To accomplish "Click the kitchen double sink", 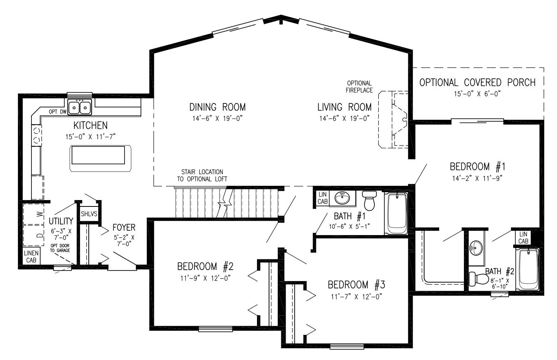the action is pos(80,107).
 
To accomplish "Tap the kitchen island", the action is pos(100,158).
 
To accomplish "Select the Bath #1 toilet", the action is pos(369,200).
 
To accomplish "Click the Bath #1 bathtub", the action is pos(396,214).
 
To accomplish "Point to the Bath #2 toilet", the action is pos(479,278).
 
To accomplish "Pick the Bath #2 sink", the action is pos(476,247).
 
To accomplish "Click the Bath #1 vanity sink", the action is pos(343,198).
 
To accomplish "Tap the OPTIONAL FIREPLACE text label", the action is pos(359,87).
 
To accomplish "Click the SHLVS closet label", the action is pos(89,214).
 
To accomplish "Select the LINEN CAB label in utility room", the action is pos(31,257).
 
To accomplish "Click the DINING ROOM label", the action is pos(217,107).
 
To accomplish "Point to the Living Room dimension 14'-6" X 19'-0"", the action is pos(345,119).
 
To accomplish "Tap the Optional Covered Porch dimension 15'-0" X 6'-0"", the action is pos(477,94).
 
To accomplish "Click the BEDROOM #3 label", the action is pos(356,285).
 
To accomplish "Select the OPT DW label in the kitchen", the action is pos(58,112).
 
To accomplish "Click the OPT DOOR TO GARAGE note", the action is pos(60,248).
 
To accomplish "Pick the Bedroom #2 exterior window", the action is pos(215,329).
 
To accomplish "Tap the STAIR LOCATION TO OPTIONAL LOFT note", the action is pos(202,175).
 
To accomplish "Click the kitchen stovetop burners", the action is pos(37,135).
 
